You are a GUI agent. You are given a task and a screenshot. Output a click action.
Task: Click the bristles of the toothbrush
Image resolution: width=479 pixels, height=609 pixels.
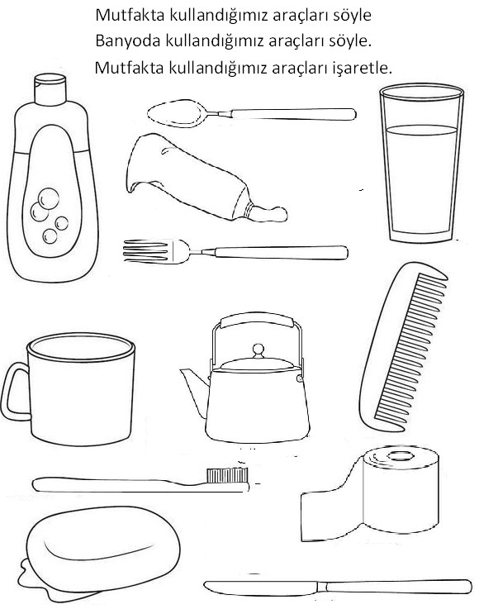[x=226, y=474]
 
